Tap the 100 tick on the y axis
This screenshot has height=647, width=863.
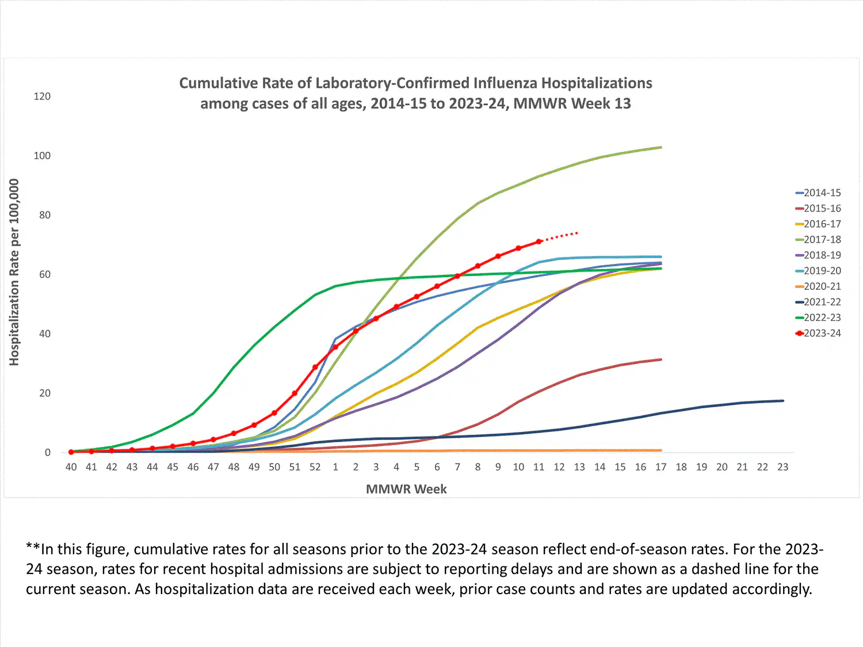pyautogui.click(x=42, y=155)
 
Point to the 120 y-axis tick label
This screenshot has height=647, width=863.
pyautogui.click(x=42, y=96)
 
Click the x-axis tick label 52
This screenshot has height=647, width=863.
pyautogui.click(x=315, y=467)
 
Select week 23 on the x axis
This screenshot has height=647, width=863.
pyautogui.click(x=782, y=467)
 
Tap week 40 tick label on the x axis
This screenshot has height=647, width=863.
pyautogui.click(x=71, y=467)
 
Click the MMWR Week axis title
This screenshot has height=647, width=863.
pyautogui.click(x=406, y=489)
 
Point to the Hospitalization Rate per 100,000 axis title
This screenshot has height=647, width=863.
pyautogui.click(x=14, y=272)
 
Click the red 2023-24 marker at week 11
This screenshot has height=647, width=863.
pyautogui.click(x=539, y=242)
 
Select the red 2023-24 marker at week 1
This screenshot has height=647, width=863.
pyautogui.click(x=335, y=347)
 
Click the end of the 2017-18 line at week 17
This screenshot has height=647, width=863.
pyautogui.click(x=660, y=148)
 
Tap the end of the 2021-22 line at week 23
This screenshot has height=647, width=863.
pyautogui.click(x=782, y=401)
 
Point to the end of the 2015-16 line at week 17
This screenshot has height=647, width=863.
pyautogui.click(x=660, y=359)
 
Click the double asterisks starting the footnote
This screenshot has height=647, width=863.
pyautogui.click(x=33, y=548)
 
